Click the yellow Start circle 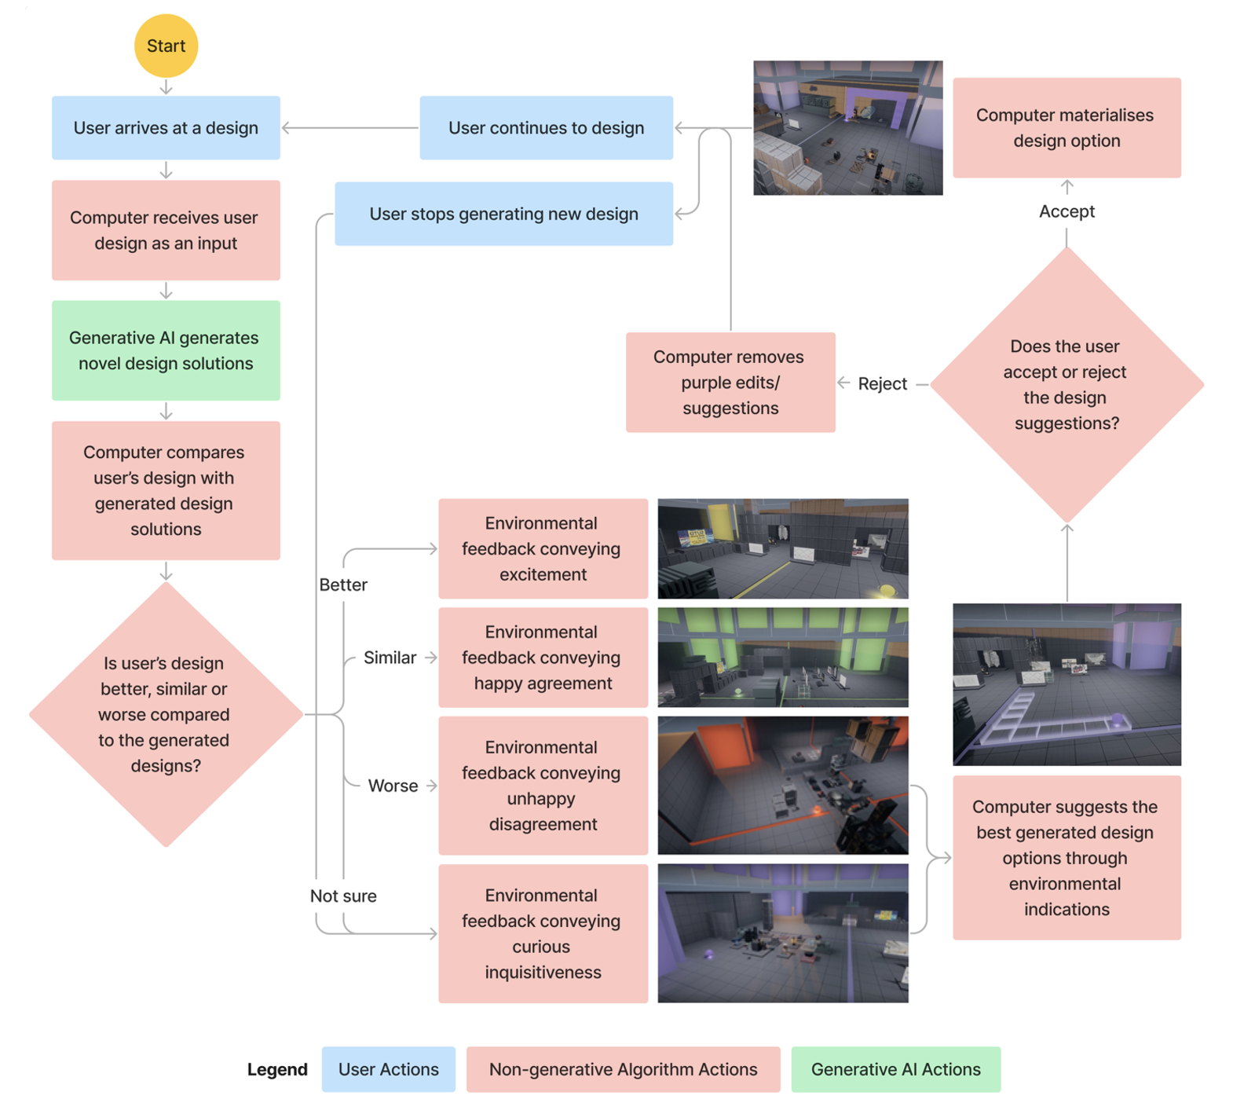click(166, 46)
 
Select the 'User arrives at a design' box click(166, 128)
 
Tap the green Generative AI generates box click(166, 350)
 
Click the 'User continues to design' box click(546, 128)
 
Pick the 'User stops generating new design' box click(503, 214)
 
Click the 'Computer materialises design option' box click(1066, 128)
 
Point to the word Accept click(1066, 211)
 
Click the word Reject click(882, 383)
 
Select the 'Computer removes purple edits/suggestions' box click(730, 383)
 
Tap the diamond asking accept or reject click(1066, 385)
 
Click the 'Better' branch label click(343, 584)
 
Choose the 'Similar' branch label click(390, 658)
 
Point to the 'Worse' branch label click(393, 786)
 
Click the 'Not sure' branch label click(343, 896)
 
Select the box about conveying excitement click(543, 548)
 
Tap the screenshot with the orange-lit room click(782, 785)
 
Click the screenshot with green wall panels click(782, 657)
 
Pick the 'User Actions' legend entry click(388, 1069)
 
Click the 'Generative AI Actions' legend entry click(895, 1069)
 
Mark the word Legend click(277, 1069)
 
